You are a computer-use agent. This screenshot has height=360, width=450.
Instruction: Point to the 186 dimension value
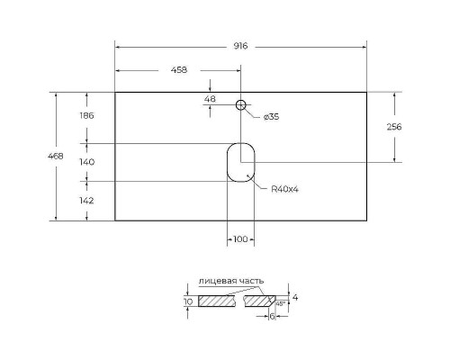coord(87,116)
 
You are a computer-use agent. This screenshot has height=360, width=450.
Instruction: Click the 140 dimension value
coord(87,162)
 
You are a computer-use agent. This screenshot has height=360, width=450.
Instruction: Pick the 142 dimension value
coord(87,201)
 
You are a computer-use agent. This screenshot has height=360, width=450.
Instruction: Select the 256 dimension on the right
coord(392,127)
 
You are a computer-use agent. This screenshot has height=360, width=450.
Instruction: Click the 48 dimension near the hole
coord(211,99)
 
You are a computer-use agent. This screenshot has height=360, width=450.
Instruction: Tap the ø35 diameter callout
coord(271,116)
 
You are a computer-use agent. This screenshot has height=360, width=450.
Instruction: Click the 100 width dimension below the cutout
coord(240,238)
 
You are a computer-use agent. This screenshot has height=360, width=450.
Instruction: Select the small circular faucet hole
coord(240,105)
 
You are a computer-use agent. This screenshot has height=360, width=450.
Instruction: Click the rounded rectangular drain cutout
coord(240,162)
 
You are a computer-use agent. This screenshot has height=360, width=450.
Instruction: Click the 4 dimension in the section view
coord(294,297)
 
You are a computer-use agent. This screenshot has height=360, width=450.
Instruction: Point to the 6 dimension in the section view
coord(273,316)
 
